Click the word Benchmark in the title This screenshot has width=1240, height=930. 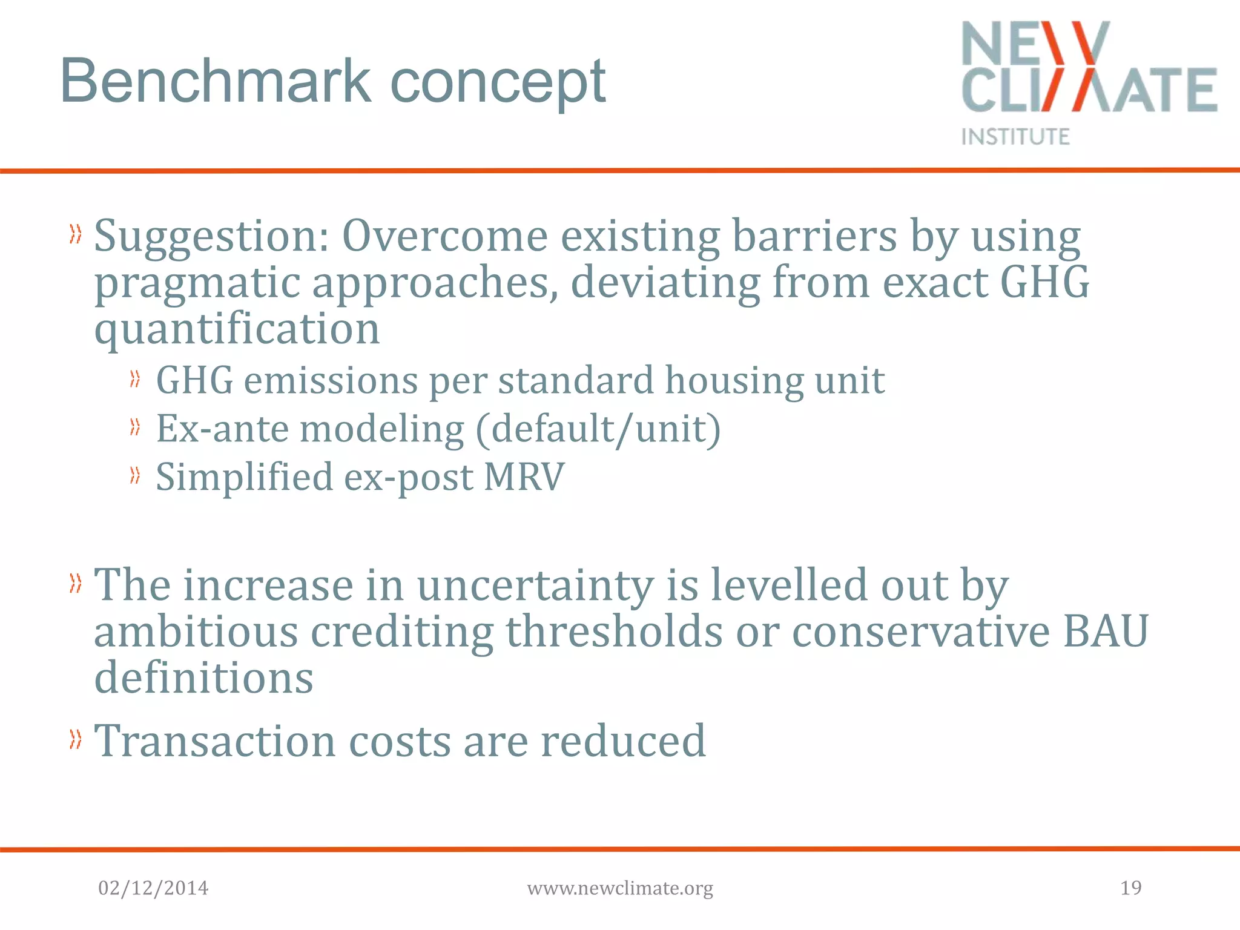[216, 81]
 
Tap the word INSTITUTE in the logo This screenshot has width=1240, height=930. [1015, 137]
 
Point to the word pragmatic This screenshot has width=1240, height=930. [197, 284]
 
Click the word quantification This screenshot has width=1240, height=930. [237, 330]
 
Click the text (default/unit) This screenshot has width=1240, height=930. [598, 429]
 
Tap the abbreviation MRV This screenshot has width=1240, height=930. [524, 477]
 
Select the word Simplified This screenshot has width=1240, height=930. [245, 478]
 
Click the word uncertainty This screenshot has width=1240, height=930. [535, 585]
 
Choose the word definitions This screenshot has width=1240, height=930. [203, 678]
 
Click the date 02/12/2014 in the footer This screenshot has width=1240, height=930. [153, 888]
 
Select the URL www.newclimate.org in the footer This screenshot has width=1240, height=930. [620, 889]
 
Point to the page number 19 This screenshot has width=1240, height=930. [1130, 888]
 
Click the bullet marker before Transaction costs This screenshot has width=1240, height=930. [75, 739]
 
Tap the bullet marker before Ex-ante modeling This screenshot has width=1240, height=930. [135, 428]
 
